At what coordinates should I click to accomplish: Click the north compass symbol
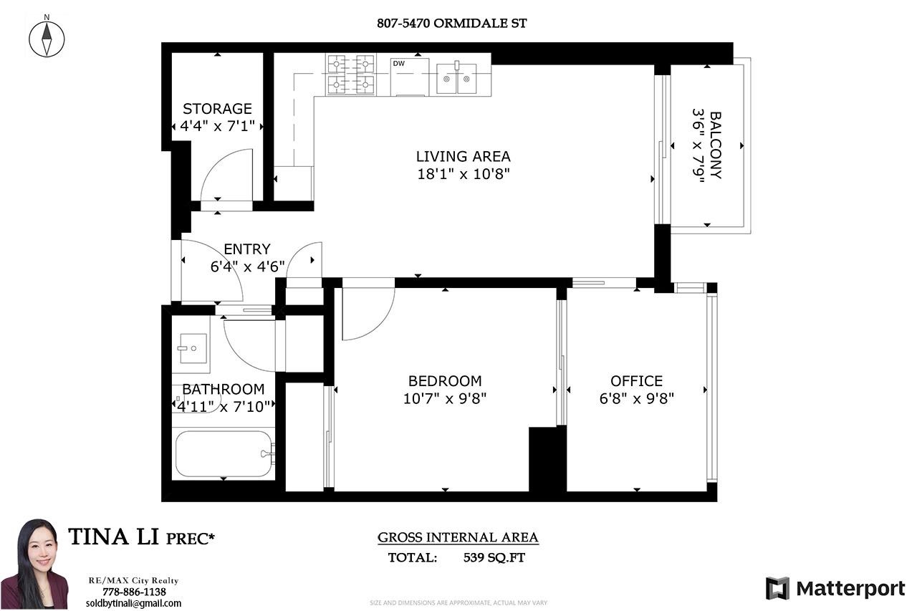(x=47, y=37)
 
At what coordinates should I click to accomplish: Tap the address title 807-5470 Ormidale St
(x=451, y=23)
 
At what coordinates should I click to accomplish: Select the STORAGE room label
(x=217, y=109)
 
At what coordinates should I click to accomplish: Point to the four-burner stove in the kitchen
(x=351, y=74)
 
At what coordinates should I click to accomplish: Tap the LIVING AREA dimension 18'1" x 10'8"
(x=464, y=173)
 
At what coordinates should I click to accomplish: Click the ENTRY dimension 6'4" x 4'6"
(x=247, y=266)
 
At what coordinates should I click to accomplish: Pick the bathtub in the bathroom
(x=223, y=453)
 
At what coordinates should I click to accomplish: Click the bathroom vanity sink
(x=191, y=349)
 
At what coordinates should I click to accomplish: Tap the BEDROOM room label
(x=445, y=381)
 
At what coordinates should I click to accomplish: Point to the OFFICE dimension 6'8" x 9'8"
(x=636, y=398)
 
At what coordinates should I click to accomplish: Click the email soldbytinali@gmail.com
(x=134, y=603)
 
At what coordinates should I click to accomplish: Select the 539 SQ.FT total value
(x=494, y=557)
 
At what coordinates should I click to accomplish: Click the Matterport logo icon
(x=777, y=588)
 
